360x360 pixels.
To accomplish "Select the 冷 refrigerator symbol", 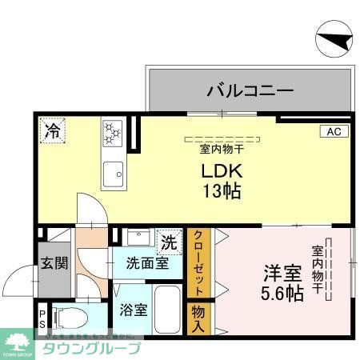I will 53,129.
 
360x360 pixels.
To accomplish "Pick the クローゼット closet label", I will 198,262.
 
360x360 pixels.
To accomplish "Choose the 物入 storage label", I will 198,318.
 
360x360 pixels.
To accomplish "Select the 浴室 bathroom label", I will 133,310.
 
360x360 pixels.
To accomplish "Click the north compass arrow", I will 331,41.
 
